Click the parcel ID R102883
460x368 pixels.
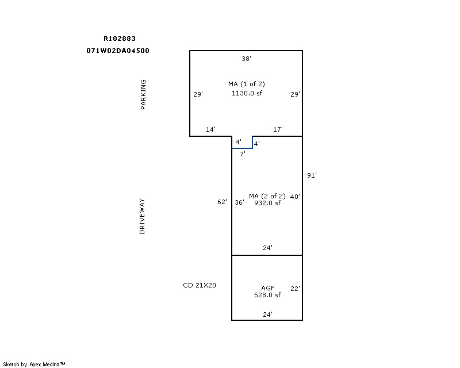120,39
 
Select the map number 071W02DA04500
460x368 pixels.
118,51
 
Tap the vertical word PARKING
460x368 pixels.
143,94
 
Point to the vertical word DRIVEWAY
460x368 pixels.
142,216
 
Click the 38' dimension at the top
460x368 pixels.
246,59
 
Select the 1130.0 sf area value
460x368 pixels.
247,93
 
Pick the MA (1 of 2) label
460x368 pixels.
247,84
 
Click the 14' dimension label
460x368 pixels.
210,129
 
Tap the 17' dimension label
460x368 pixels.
278,129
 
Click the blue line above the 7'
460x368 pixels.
242,148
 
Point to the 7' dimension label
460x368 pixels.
242,154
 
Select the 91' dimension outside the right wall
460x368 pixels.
312,175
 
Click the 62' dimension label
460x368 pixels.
222,202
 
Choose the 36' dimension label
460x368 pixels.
239,202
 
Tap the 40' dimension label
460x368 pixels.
295,196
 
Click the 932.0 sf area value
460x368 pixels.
267,203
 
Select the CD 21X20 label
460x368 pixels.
200,285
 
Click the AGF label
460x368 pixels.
267,288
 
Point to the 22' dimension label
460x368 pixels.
295,289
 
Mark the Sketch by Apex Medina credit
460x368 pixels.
34,364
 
